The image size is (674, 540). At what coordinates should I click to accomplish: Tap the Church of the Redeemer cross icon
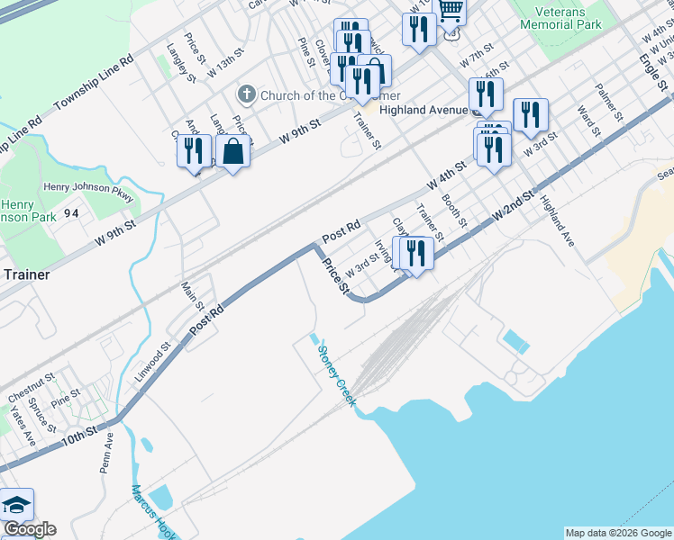click(246, 94)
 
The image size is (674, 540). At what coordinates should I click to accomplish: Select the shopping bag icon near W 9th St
click(233, 151)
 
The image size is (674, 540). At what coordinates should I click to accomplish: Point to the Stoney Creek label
click(334, 371)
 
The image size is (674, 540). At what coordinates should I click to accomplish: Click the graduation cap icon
click(16, 505)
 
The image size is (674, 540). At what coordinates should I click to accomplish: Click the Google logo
click(29, 529)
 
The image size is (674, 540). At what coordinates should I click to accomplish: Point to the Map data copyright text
click(617, 533)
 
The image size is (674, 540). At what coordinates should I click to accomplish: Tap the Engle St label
click(652, 72)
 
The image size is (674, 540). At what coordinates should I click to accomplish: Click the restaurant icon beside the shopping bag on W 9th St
click(194, 151)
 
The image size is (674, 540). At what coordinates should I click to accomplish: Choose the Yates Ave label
click(22, 426)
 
